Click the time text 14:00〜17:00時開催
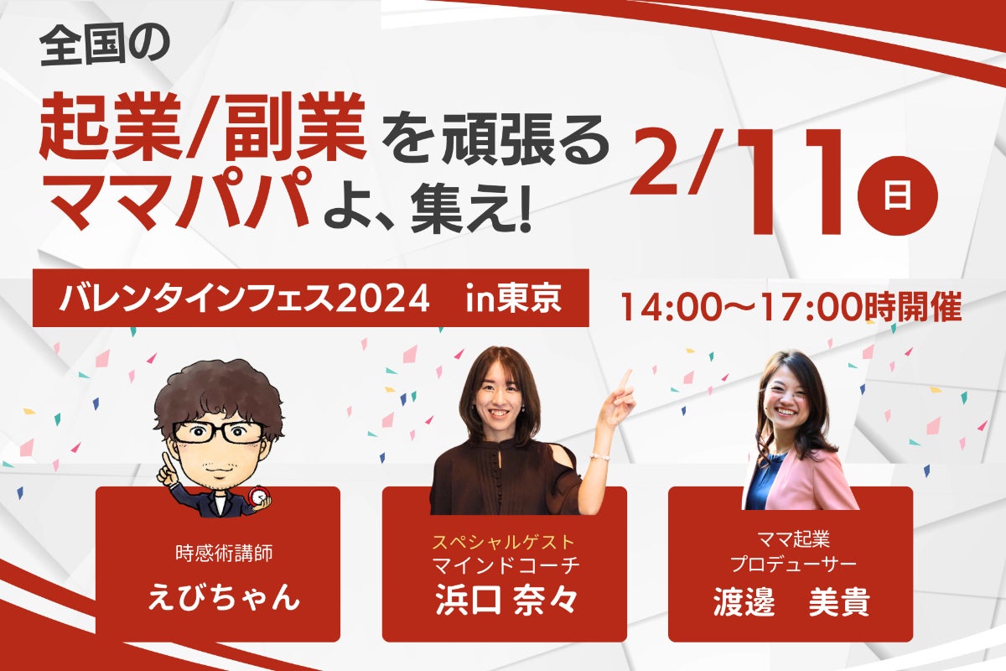[791, 308]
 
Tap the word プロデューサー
[790, 562]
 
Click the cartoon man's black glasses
[219, 432]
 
